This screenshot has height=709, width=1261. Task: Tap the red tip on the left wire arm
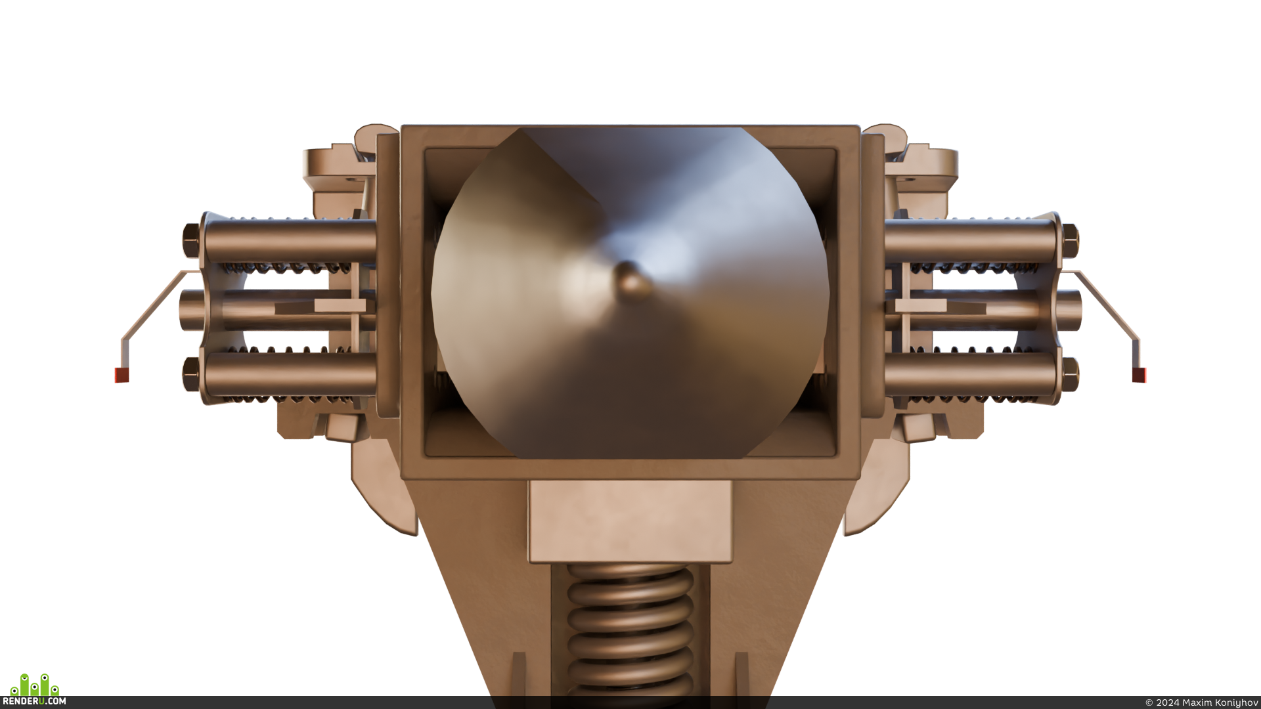pos(122,375)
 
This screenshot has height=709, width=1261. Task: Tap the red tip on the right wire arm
pos(1139,375)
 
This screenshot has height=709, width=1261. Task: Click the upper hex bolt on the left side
pos(191,240)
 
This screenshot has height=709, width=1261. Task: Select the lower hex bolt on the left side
pos(191,374)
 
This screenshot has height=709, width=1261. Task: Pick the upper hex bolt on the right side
pos(1069,240)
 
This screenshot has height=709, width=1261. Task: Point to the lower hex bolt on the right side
pos(1069,374)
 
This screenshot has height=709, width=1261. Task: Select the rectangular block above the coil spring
pos(630,521)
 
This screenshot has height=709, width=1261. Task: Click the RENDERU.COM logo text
pos(38,701)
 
